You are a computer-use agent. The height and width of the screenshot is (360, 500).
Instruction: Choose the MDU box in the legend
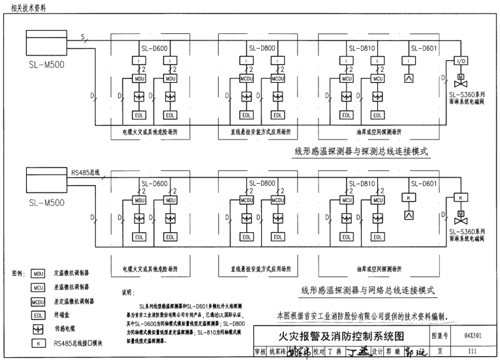tap(38, 274)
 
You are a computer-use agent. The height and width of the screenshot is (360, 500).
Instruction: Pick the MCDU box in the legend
tap(38, 301)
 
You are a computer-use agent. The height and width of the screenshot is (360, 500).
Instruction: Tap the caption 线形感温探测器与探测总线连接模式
tap(362, 151)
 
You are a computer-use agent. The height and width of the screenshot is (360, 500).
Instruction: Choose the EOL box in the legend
tap(38, 315)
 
